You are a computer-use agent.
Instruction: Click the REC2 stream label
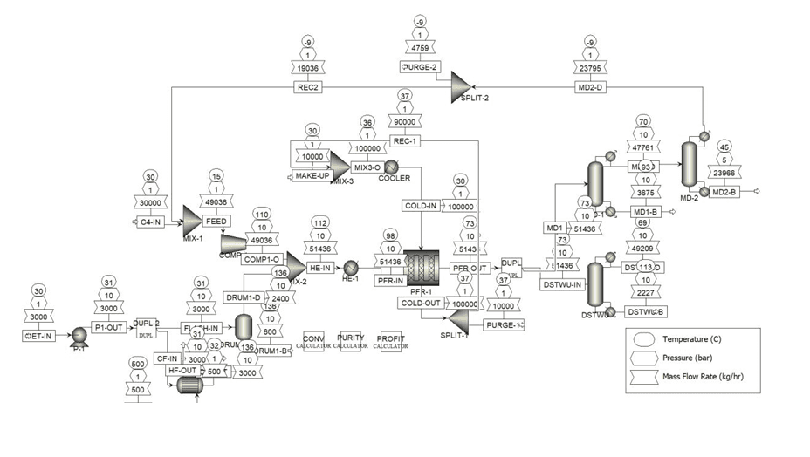[306, 86]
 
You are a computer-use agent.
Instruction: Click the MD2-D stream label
[590, 86]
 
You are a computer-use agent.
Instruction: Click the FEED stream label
[216, 221]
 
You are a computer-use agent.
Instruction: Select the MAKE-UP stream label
[309, 177]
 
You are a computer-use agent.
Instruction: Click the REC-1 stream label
[402, 140]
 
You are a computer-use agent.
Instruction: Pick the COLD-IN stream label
[421, 206]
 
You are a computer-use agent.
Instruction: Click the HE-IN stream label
[320, 268]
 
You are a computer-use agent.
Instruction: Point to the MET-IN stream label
[38, 335]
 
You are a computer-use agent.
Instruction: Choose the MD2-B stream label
[724, 192]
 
